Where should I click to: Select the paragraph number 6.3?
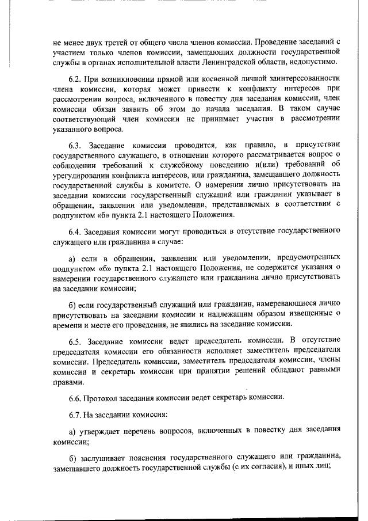coord(75,143)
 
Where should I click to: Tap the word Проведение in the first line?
coord(277,43)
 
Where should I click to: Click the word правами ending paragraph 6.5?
coord(64,381)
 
